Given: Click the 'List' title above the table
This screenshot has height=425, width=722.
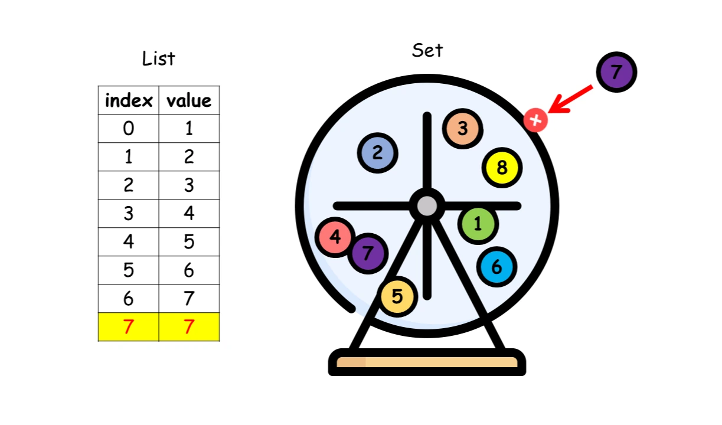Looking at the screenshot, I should (159, 58).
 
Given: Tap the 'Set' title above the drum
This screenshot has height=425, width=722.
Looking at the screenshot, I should (427, 50).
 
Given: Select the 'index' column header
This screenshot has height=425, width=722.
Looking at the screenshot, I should (129, 100).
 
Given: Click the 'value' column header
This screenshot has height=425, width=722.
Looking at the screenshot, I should (189, 100).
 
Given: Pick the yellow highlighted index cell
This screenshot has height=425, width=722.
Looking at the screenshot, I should (129, 326).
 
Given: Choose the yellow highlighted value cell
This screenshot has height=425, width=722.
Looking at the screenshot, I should (189, 326).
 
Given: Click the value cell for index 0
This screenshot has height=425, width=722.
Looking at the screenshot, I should (189, 128).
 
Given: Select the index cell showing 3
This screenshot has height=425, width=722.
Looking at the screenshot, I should (129, 213).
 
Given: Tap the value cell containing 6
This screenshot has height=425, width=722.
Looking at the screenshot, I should (189, 270).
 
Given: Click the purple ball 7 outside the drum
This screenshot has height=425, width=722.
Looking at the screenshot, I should (616, 72).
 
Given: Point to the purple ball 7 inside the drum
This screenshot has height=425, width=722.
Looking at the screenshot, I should (368, 253).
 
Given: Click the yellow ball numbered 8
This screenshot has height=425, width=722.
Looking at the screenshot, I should (502, 168).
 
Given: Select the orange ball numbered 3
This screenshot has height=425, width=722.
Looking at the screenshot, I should (463, 129).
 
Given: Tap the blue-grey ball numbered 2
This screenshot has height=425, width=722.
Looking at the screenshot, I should (377, 153).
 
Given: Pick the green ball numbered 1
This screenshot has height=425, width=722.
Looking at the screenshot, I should (478, 224).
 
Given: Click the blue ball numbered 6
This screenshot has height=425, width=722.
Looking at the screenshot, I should (496, 267).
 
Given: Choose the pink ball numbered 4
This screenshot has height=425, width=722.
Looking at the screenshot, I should (335, 237).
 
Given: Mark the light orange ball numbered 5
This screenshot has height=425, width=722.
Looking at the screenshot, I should (397, 296).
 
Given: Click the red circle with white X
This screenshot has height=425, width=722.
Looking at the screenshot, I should (535, 120).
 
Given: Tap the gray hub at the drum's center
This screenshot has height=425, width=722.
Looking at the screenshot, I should (427, 206).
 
